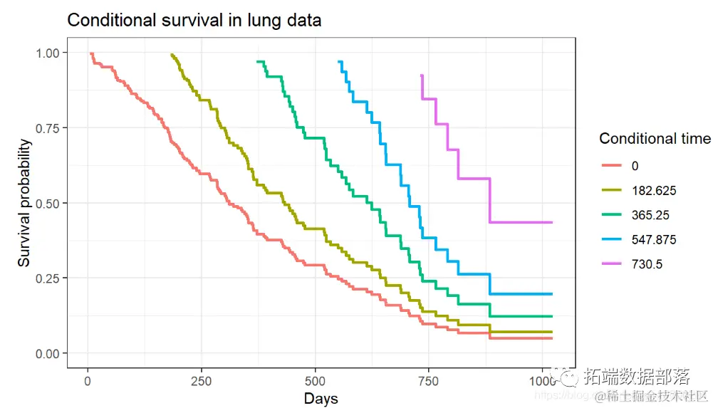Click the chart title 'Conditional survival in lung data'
click(x=194, y=21)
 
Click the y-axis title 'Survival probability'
click(x=25, y=203)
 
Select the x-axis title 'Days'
click(x=321, y=398)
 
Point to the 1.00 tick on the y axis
click(x=47, y=53)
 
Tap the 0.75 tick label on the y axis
click(x=47, y=127)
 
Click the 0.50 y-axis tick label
click(x=47, y=203)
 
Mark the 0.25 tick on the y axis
click(x=47, y=278)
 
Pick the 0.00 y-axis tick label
click(x=47, y=353)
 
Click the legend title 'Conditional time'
click(x=655, y=138)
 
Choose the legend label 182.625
click(x=653, y=190)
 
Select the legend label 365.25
click(x=650, y=215)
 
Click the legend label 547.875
click(x=653, y=240)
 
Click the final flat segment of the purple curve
click(x=521, y=222)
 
